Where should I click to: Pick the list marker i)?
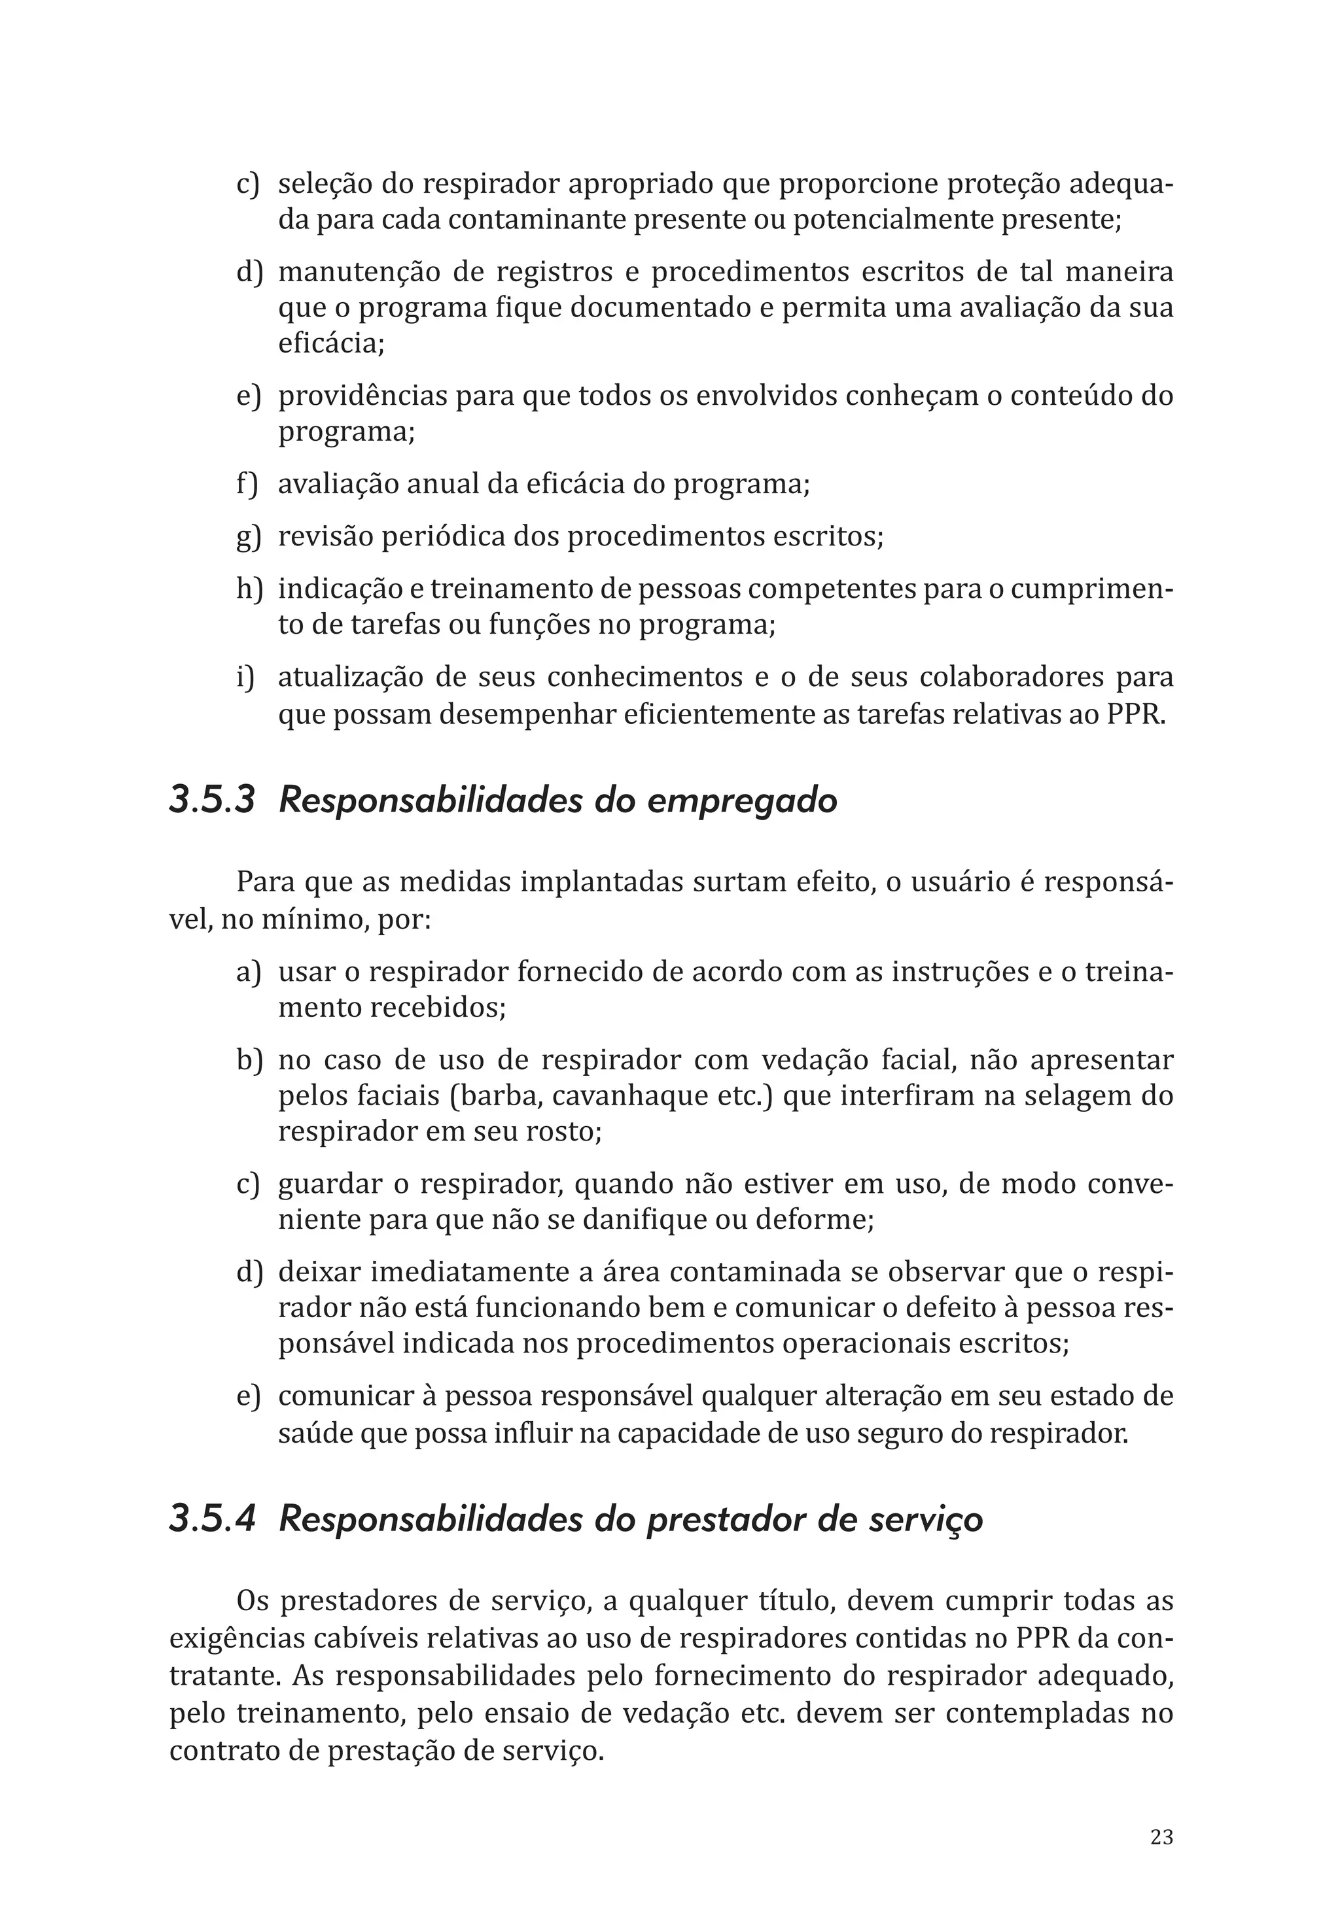[244, 677]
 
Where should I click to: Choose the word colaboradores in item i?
[1010, 677]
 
